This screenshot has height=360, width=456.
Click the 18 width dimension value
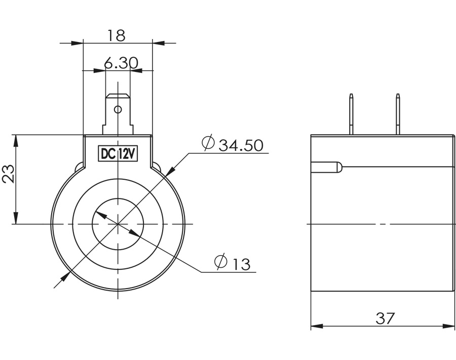[116, 35]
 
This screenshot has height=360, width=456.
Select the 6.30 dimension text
[121, 63]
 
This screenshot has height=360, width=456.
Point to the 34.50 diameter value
[241, 146]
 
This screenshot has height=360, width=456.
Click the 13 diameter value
[242, 264]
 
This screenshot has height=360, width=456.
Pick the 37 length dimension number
[385, 318]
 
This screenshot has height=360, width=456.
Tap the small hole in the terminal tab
[118, 109]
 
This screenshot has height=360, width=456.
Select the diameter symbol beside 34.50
[208, 144]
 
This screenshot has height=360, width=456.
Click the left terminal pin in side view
[351, 114]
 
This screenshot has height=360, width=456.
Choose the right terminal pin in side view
[398, 114]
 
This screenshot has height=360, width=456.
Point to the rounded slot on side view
[327, 167]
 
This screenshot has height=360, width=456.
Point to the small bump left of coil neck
[80, 166]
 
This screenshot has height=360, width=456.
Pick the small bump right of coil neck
[156, 166]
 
